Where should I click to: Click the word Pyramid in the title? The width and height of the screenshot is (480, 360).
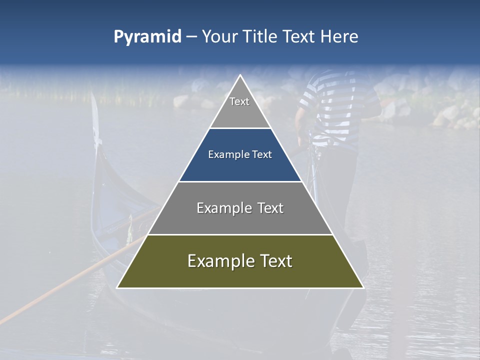coord(147,36)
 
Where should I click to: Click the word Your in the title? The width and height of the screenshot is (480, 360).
coord(218,36)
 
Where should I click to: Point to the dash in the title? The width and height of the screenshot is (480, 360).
coord(191,37)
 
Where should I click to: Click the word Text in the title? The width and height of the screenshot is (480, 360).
coord(299,36)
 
